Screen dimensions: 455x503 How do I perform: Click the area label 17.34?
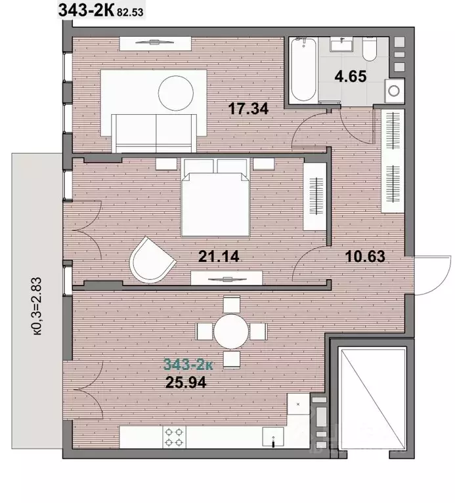pyautogui.click(x=248, y=108)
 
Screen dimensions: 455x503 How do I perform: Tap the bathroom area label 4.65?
pyautogui.click(x=351, y=76)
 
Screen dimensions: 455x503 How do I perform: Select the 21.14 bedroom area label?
pyautogui.click(x=219, y=256)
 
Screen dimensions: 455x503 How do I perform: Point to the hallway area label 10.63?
pyautogui.click(x=365, y=256)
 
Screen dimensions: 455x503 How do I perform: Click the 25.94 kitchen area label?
pyautogui.click(x=186, y=382)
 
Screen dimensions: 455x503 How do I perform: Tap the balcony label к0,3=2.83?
pyautogui.click(x=37, y=306)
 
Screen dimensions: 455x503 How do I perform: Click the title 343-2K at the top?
pyautogui.click(x=86, y=10)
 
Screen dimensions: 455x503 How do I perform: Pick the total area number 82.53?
pyautogui.click(x=130, y=12)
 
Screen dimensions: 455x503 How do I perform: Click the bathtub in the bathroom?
pyautogui.click(x=303, y=70)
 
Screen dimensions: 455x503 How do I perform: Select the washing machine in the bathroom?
pyautogui.click(x=394, y=91)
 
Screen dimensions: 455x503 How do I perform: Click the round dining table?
pyautogui.click(x=231, y=331)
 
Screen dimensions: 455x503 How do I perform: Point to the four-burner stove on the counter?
pyautogui.click(x=175, y=437)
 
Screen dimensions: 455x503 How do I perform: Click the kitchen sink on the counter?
pyautogui.click(x=273, y=437)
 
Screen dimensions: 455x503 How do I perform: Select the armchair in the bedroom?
pyautogui.click(x=152, y=260)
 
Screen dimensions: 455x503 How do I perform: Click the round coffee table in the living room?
pyautogui.click(x=176, y=93)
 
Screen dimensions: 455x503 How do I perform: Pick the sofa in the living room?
pyautogui.click(x=154, y=133)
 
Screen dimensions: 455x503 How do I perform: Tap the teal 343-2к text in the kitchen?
pyautogui.click(x=188, y=365)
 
